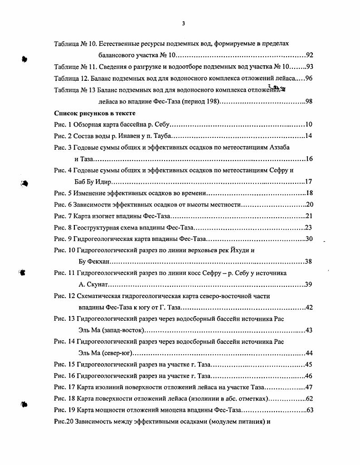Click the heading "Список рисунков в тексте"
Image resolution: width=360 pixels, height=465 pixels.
click(94, 113)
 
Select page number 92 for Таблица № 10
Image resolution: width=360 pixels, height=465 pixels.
click(310, 55)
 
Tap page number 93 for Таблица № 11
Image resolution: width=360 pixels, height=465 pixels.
click(310, 67)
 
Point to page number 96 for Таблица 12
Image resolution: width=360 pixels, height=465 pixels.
click(309, 78)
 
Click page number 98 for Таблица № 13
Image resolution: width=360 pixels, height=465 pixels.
click(309, 101)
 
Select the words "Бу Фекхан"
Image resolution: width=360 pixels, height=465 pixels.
click(94, 262)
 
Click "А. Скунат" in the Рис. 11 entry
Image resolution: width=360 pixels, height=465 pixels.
click(93, 285)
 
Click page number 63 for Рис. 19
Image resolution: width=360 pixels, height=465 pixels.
click(310, 411)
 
